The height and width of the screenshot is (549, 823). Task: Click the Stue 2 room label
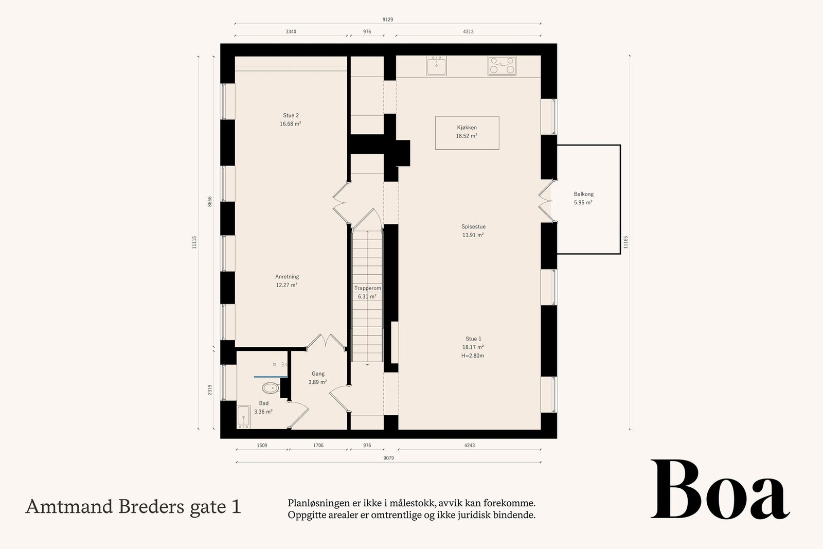coord(291,115)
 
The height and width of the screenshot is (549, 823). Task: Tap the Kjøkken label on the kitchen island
coord(467,127)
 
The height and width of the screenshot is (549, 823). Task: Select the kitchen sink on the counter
coord(437,66)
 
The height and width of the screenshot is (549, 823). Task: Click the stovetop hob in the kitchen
coord(502,66)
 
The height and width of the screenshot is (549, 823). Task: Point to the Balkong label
coord(584,194)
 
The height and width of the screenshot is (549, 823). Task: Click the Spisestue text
coord(473,226)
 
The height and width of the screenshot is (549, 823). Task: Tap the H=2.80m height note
coord(473,356)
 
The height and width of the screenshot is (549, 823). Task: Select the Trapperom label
coord(367,288)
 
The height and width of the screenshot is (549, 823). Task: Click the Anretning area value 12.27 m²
coord(287,285)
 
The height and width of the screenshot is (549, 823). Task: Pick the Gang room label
coord(318,374)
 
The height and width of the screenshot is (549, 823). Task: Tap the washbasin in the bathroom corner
coord(243,417)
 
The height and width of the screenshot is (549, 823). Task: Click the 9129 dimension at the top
coord(388,20)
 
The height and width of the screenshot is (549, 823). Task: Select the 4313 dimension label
coord(468,31)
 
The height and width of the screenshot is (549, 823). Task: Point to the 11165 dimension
coord(626,242)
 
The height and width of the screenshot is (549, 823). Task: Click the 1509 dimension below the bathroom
coord(262,446)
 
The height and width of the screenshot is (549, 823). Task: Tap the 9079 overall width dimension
coord(388,458)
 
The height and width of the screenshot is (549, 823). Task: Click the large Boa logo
coord(720,490)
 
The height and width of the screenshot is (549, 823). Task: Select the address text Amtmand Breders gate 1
coord(133,507)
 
